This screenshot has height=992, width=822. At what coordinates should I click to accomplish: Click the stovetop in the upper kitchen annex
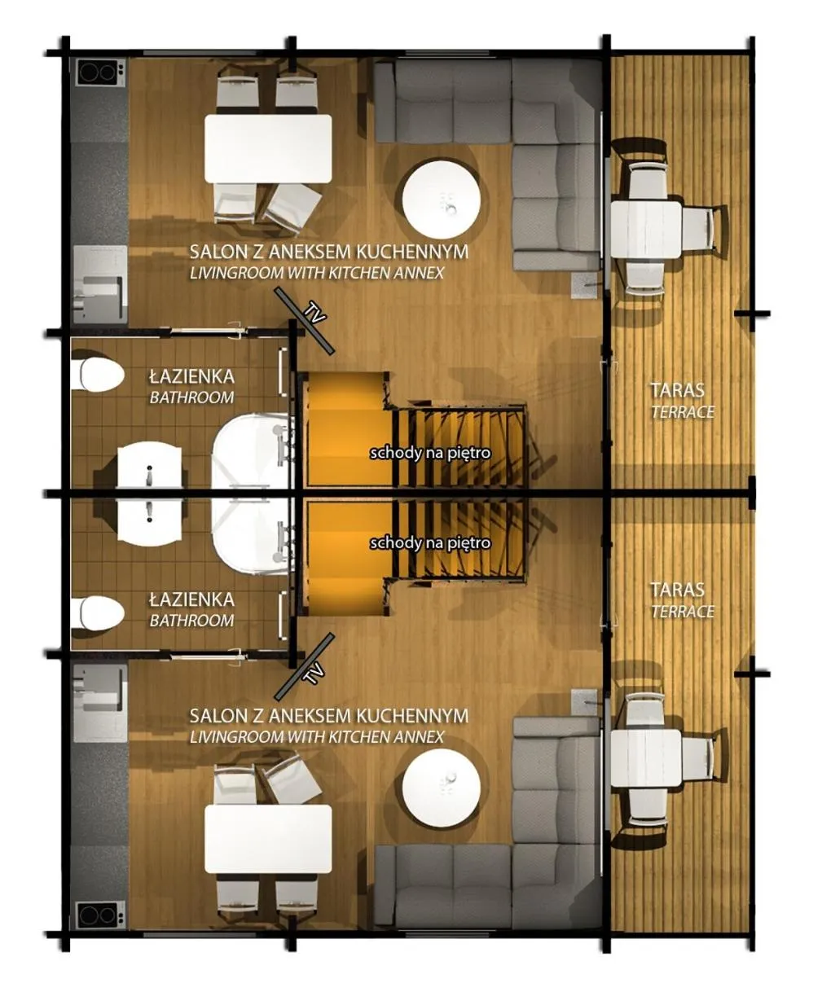coord(99,75)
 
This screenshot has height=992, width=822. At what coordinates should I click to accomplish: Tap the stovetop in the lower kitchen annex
coord(99,915)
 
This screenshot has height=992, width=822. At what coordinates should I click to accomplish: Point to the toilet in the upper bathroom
coord(96,375)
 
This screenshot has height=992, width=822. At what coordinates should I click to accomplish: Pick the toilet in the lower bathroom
coord(96,613)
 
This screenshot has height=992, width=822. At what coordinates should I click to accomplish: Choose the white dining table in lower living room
coord(268,839)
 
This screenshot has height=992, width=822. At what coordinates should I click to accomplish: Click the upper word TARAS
coord(677,390)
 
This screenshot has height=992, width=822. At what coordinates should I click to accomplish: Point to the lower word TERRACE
coord(683,612)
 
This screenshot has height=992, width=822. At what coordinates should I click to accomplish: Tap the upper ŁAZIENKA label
coord(191,376)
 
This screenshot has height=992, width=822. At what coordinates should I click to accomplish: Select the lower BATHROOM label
coord(191,621)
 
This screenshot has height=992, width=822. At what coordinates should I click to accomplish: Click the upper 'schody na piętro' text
coord(430,452)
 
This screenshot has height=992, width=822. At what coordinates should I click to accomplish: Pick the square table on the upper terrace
coord(646,230)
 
